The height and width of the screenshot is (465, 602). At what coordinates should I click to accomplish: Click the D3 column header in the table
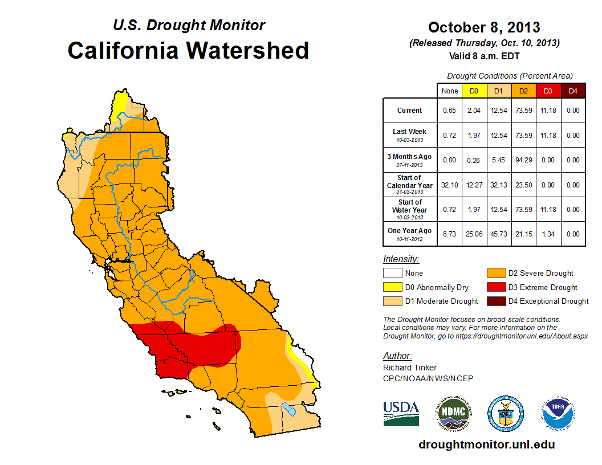pos(548,91)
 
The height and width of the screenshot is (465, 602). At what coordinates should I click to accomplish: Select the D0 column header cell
pos(474,91)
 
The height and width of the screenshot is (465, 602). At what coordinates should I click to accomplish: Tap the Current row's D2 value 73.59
pos(523,111)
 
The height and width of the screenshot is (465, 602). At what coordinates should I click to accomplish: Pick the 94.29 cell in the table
pos(523,160)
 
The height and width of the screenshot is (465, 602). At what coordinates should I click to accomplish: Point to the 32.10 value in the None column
pos(449,185)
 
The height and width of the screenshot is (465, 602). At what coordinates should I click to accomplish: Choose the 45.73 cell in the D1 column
pos(498,234)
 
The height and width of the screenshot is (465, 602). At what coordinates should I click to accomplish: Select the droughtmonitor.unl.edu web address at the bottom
pos(486,444)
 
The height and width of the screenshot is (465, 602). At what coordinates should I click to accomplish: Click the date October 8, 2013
pos(484,27)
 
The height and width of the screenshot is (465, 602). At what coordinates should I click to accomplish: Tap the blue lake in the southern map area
pos(290,409)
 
